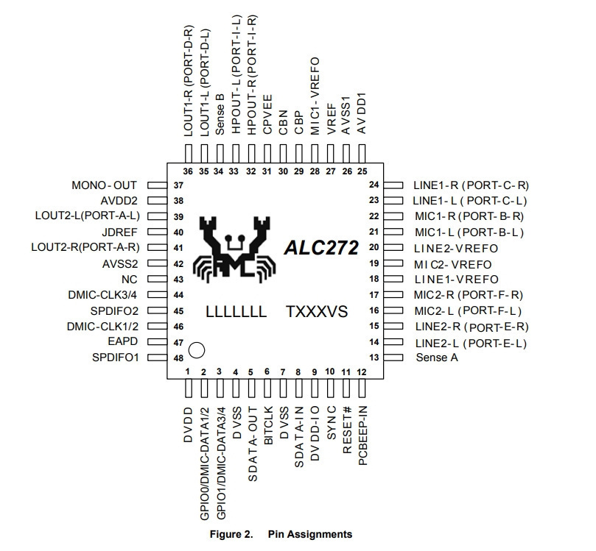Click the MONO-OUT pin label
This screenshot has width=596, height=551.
point(104,185)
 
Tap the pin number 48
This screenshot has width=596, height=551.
point(178,358)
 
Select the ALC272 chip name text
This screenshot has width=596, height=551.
point(321,248)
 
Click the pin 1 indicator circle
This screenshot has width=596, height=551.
point(197,350)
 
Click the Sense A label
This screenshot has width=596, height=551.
point(437,358)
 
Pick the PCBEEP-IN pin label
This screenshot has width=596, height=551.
point(362,436)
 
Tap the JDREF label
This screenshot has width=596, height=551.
point(120,232)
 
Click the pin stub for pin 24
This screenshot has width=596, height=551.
point(393,185)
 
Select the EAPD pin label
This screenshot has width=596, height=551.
point(123,341)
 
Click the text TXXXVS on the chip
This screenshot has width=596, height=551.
point(317,312)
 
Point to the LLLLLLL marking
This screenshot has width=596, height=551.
point(236,312)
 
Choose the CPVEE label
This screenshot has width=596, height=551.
point(267,114)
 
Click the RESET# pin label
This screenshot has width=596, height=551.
point(347,429)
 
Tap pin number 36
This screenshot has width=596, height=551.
point(188,171)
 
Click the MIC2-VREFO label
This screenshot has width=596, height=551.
point(452,265)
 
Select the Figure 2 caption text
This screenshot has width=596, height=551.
point(281,534)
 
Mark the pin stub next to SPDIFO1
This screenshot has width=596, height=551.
point(158,358)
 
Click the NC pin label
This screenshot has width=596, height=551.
point(129,280)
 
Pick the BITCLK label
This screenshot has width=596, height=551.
point(268,425)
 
